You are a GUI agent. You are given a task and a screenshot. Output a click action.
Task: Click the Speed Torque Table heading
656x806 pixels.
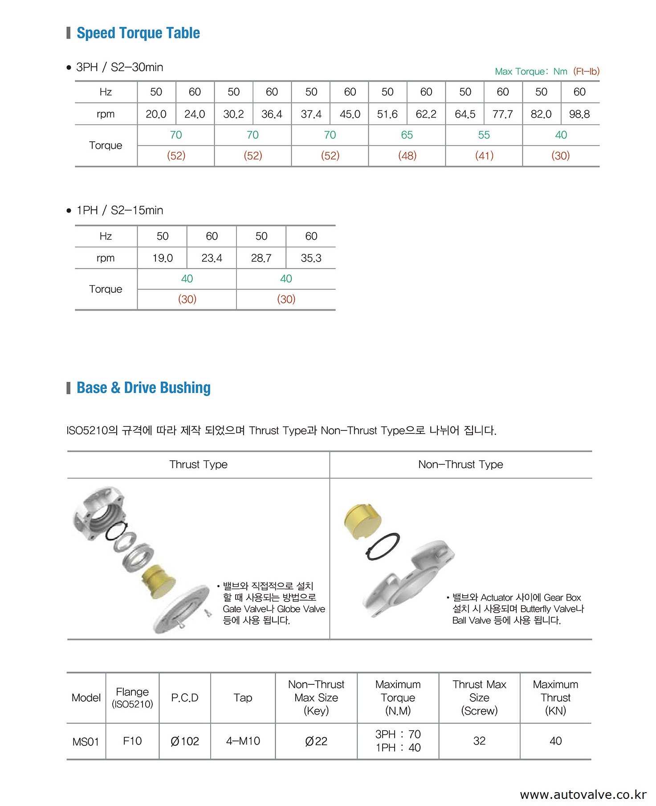138,33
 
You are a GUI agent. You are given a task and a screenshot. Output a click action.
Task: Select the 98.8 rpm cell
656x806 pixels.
579,114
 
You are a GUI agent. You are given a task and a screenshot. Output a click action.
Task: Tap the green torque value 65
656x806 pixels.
407,135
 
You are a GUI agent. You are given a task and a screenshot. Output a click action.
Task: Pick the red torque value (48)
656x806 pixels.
407,155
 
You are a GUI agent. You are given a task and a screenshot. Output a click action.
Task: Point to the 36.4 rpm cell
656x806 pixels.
272,114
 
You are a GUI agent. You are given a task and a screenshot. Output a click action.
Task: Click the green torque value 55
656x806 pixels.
484,135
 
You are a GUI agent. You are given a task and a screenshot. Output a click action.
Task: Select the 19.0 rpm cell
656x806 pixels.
163,258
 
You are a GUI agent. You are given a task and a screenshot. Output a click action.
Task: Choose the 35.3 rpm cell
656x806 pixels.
311,258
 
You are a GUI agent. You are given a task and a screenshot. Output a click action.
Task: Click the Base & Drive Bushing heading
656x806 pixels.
143,388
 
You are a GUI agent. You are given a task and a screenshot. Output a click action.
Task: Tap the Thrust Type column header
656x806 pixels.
198,464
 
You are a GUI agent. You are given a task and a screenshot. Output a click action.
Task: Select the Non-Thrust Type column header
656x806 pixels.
460,464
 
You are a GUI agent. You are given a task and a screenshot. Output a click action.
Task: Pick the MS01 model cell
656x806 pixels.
86,741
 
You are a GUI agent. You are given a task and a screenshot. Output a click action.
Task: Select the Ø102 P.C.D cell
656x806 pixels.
185,741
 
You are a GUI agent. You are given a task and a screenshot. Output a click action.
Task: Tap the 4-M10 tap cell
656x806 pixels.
243,741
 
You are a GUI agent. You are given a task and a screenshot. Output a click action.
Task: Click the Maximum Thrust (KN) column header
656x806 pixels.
555,697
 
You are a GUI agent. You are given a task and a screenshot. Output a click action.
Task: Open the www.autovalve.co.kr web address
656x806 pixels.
583,795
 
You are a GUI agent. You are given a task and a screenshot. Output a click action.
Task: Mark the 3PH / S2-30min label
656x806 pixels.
119,67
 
